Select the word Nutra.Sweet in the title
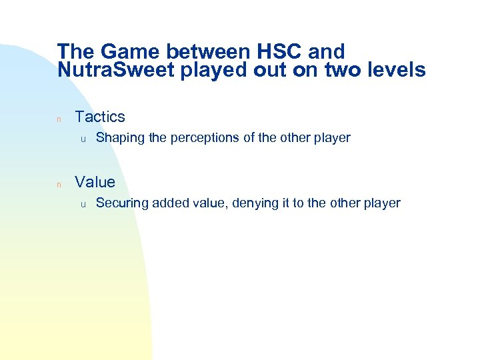click(116, 70)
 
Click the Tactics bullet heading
click(100, 117)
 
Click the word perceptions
click(205, 139)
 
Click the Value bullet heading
click(95, 182)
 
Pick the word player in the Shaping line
click(333, 139)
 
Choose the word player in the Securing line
click(383, 203)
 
